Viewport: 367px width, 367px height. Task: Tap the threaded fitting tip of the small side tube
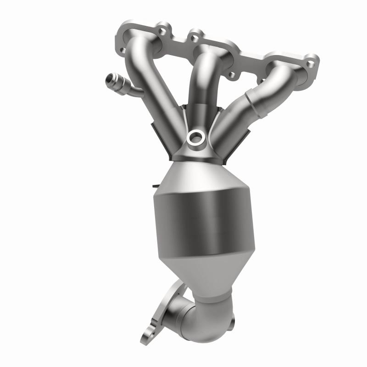[x=110, y=78]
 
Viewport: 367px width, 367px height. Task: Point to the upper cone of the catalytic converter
[x=197, y=177]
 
